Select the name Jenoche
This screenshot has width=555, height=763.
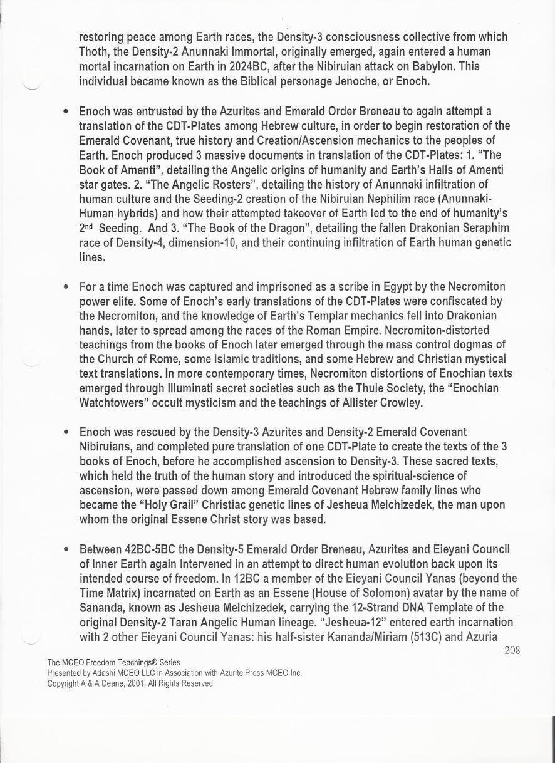tap(333, 81)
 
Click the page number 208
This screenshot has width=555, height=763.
tap(512, 650)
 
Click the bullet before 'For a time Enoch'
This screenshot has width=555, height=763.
tap(66, 288)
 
